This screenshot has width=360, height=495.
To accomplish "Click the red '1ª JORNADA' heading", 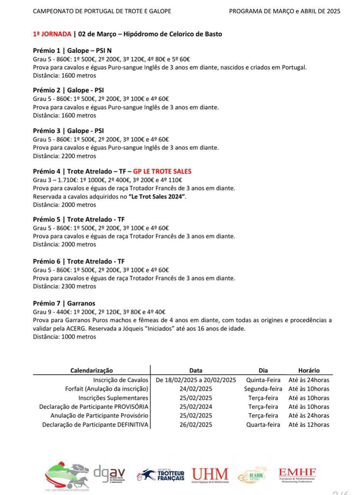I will coord(52,34).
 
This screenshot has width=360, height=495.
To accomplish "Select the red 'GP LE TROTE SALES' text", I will coord(162,171).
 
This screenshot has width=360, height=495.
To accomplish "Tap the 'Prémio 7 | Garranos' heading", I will coord(64,303).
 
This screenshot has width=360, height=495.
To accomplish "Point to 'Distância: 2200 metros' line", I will coord(65,156).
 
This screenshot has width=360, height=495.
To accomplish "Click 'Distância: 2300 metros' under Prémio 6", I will coord(65,286).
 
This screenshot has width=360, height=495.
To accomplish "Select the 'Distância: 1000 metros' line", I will coord(65,337).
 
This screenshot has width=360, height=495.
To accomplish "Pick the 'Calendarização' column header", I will coord(92,370).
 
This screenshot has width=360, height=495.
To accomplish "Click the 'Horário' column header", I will coord(309,370).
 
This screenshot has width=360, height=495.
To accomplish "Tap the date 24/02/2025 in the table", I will coord(196,389).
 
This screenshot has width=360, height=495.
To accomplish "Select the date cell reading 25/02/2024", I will coord(196,407).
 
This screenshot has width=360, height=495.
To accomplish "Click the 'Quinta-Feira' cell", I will coord(263,380).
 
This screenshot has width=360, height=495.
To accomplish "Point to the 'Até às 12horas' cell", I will coord(309,425).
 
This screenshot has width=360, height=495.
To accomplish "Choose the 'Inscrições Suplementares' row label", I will coord(113,398).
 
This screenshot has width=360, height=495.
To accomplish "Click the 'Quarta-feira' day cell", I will coord(263,425).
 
